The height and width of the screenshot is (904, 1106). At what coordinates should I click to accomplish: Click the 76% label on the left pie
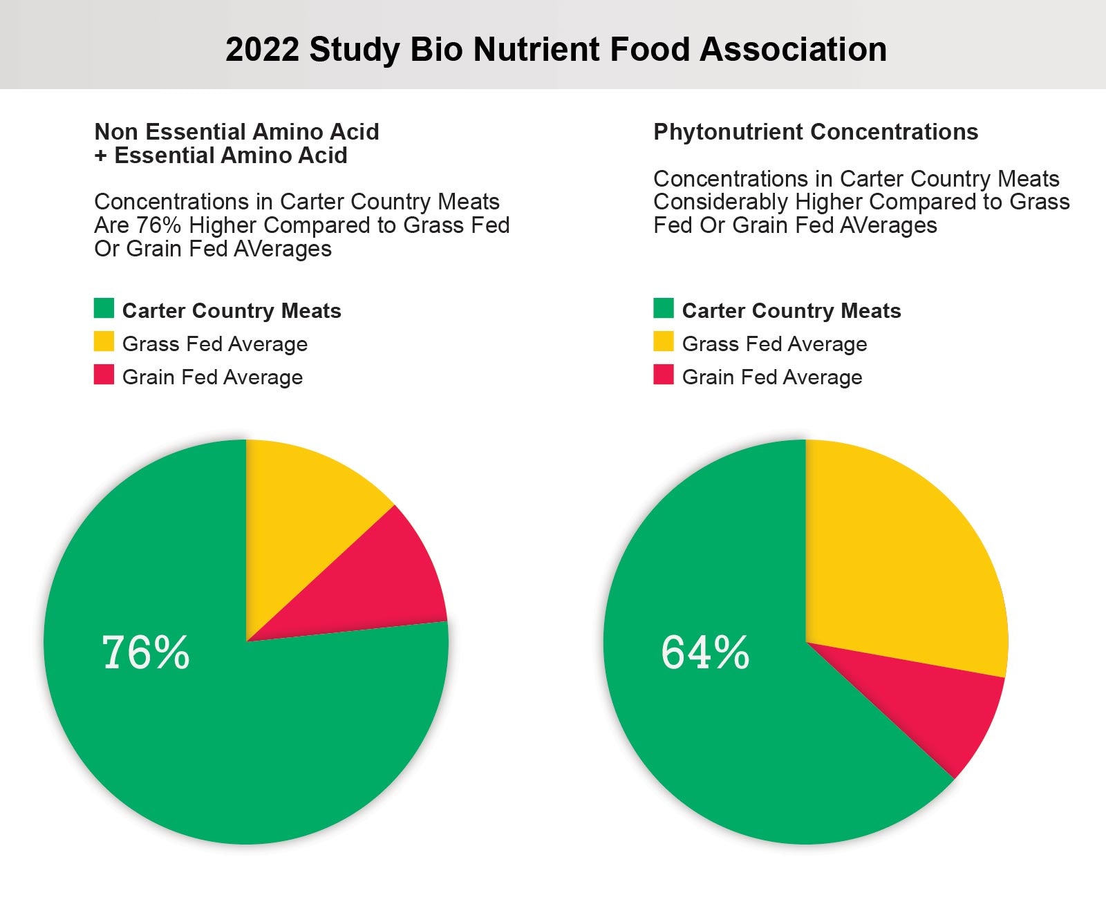coord(146,652)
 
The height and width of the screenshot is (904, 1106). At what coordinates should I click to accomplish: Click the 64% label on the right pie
coord(705,652)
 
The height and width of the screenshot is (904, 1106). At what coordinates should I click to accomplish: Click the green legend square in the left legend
coord(104,308)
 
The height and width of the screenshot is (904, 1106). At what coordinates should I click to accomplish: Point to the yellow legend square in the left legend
coord(104,341)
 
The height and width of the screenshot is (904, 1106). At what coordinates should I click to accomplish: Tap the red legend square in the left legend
coord(104,375)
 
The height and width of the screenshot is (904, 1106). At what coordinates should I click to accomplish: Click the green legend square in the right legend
coord(664,308)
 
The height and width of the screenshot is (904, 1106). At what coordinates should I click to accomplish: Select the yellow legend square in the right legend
coord(664,341)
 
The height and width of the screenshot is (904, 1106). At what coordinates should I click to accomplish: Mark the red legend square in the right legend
coord(664,375)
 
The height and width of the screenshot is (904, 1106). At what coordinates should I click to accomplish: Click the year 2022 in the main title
coord(262,50)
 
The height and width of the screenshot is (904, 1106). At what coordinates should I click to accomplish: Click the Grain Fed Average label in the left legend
coord(212,377)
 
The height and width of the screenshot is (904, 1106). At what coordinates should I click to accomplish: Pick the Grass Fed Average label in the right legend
coord(774,344)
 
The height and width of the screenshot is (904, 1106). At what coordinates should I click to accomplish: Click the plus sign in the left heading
coord(101,156)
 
